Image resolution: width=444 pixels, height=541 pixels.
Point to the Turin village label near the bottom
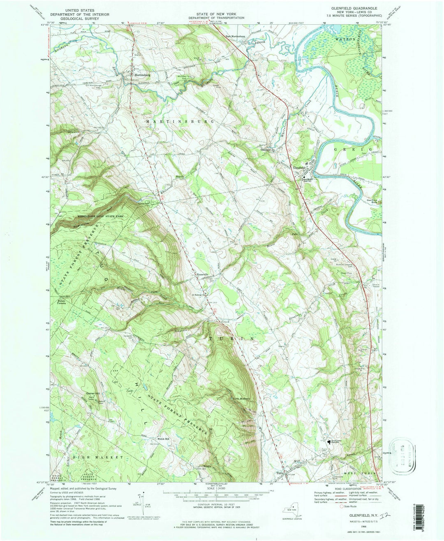pos(281,473)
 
